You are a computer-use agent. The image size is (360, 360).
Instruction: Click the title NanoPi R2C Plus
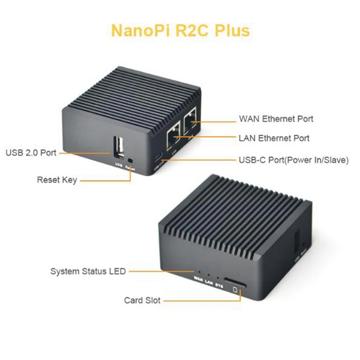180,31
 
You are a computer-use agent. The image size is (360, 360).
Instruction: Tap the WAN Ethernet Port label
276,119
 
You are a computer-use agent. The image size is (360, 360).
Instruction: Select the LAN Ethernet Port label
274,138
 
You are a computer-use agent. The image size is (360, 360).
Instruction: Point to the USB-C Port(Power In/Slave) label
293,160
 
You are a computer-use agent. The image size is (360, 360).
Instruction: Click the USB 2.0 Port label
31,153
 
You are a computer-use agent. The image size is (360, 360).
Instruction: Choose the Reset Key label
57,180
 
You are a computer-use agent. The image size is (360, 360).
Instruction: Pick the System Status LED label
88,271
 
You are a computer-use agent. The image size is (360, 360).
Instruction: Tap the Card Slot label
142,300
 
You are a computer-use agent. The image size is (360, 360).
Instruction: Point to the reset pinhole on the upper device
131,159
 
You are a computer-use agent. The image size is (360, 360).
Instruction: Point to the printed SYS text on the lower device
219,283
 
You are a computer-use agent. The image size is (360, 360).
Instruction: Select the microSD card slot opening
235,283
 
